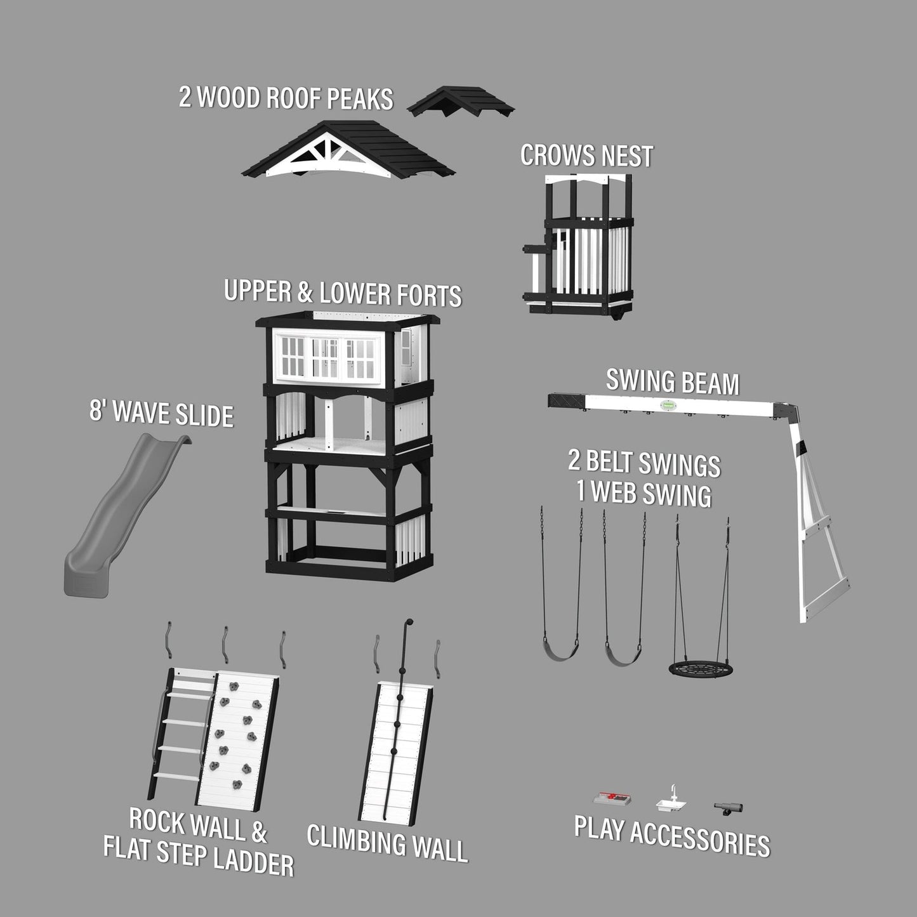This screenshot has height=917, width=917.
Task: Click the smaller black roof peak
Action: point(461,102)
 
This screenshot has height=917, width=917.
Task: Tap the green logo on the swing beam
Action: point(668,405)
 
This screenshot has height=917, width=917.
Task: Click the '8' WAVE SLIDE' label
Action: point(161,414)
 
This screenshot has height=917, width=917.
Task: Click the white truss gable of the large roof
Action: point(328,156)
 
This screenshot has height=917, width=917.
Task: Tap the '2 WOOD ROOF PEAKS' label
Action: point(286,98)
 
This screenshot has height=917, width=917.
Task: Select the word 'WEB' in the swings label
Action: point(614,493)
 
